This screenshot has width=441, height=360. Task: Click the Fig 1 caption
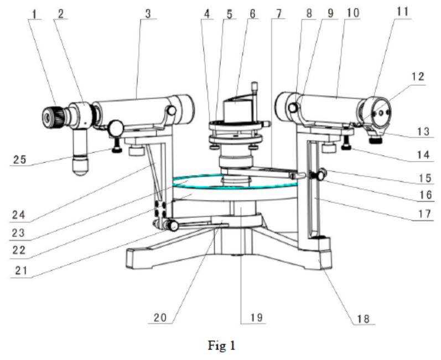[x=220, y=347]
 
